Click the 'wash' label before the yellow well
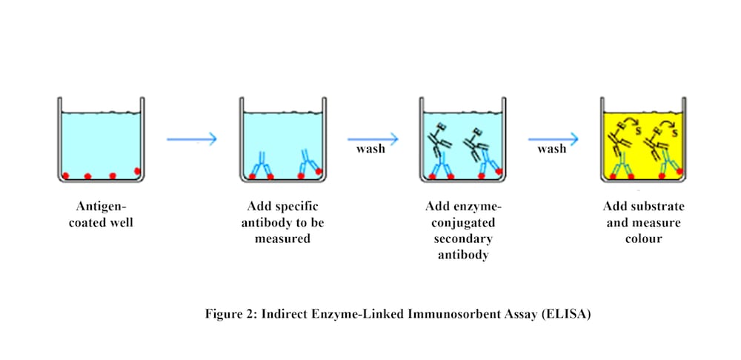[552, 149]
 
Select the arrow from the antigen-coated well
[191, 139]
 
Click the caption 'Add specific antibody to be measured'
[282, 221]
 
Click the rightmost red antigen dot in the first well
[137, 172]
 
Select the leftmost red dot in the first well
[65, 176]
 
